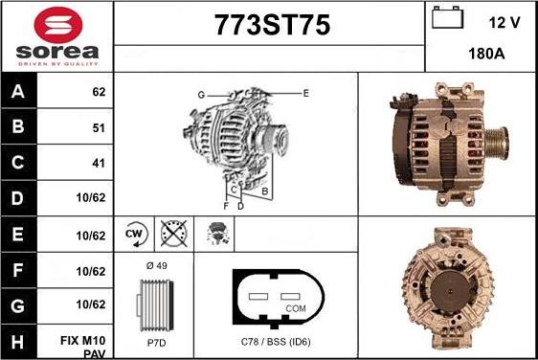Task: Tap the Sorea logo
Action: pos(57,35)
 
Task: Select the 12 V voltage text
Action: pos(504,20)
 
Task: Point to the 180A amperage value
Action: pos(486,55)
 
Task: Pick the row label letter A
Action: pos(18,93)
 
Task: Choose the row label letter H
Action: pos(18,340)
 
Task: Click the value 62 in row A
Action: pos(99,93)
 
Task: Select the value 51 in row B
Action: pos(99,127)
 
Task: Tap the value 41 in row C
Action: pos(99,163)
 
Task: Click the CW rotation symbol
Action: pos(134,233)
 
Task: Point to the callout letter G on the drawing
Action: pos(201,94)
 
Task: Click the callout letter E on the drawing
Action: pos(305,93)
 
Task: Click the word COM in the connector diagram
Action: pos(296,308)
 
